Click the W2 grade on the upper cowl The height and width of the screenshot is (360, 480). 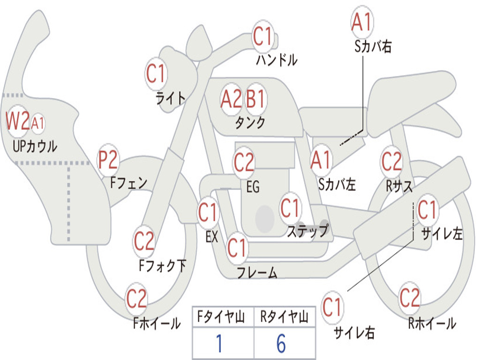point(18,121)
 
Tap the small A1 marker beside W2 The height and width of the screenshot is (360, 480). point(37,123)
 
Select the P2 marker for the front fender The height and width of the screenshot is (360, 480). point(108,160)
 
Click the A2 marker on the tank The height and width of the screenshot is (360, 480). point(232,99)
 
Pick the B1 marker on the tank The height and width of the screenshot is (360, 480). point(255,99)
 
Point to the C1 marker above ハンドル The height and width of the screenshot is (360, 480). point(262,36)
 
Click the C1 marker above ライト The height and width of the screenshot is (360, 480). point(156,74)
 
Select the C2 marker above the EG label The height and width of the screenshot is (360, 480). point(244,162)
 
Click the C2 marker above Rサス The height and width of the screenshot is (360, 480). point(391,161)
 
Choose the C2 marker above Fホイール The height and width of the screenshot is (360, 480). point(136,298)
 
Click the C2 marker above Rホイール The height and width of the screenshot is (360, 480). point(409,298)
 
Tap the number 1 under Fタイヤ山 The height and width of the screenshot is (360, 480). point(219,343)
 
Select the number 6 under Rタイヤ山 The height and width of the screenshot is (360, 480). point(281,343)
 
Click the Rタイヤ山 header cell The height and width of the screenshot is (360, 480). point(285,317)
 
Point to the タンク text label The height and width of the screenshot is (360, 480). point(250,122)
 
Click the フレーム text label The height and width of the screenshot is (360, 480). point(257,272)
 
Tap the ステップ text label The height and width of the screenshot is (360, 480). point(307,231)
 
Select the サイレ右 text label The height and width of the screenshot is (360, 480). point(354,332)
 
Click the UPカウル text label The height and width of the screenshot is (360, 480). point(35,146)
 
